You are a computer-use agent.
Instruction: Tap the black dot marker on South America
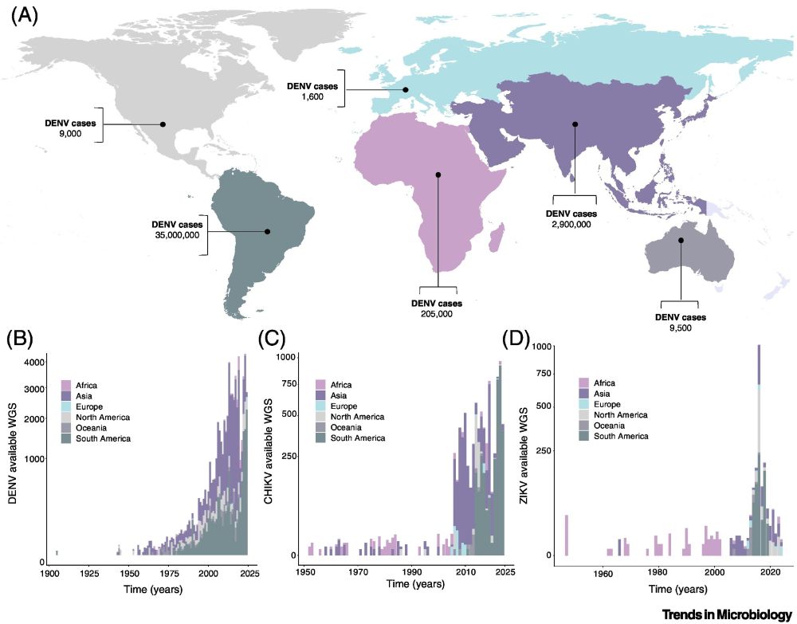pyautogui.click(x=268, y=232)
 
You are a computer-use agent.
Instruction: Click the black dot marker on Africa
pyautogui.click(x=438, y=175)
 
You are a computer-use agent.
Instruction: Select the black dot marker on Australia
pyautogui.click(x=681, y=240)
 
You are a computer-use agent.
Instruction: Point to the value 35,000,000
pyautogui.click(x=176, y=235)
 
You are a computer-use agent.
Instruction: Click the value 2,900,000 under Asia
pyautogui.click(x=574, y=225)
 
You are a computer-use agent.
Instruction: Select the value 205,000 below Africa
pyautogui.click(x=437, y=314)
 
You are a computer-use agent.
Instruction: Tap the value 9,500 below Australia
pyautogui.click(x=681, y=328)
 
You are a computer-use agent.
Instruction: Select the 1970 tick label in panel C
pyautogui.click(x=359, y=572)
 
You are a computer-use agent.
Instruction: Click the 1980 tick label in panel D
pyautogui.click(x=658, y=572)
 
